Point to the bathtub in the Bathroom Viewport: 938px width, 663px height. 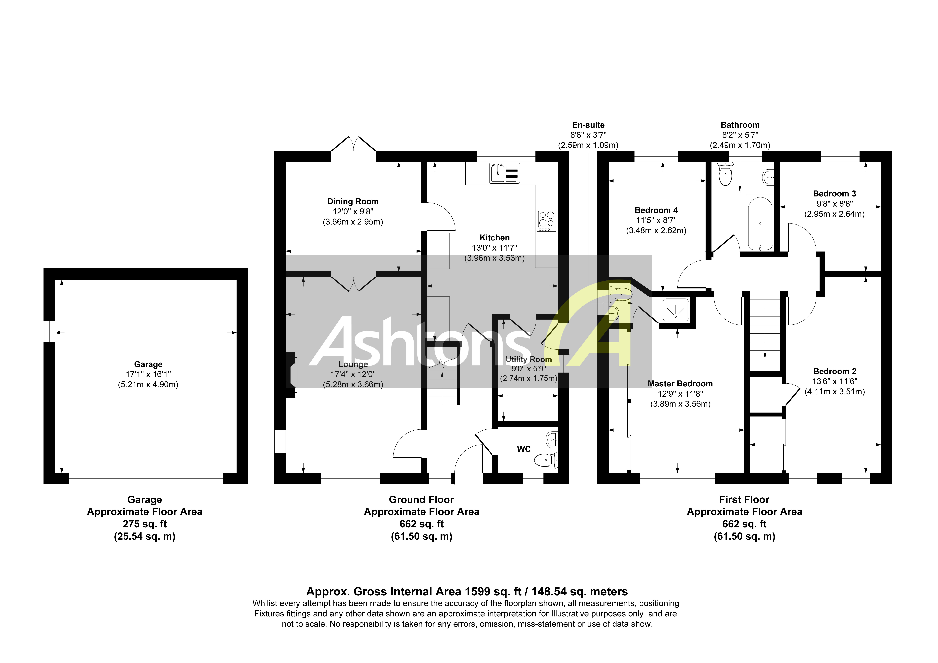click(760, 223)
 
